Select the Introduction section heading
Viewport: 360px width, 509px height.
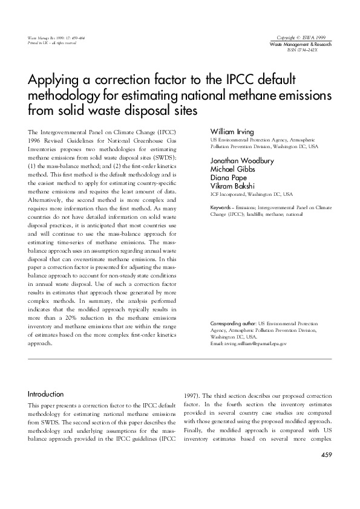click(x=46, y=393)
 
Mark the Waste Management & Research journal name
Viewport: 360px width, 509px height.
click(x=300, y=45)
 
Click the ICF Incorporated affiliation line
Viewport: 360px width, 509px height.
click(x=251, y=195)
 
